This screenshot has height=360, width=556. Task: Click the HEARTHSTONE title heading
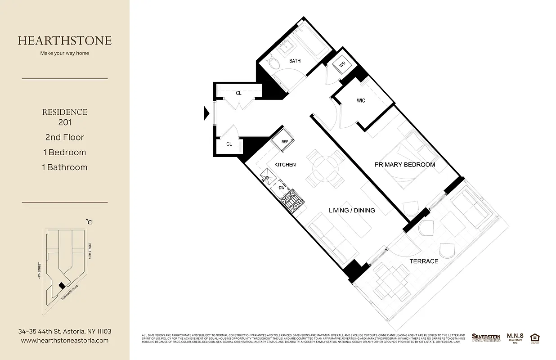(65, 40)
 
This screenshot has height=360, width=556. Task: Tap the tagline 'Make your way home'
(65, 53)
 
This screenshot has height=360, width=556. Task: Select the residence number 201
(65, 122)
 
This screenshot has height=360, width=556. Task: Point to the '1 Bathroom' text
(65, 167)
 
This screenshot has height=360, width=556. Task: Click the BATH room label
(295, 61)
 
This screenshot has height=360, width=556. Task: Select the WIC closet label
(361, 101)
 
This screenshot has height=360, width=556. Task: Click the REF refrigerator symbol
(284, 141)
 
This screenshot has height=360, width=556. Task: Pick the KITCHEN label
(285, 165)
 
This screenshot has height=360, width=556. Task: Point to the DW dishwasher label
(281, 188)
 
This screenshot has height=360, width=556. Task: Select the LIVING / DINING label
(352, 210)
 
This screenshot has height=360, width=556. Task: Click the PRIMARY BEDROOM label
(405, 165)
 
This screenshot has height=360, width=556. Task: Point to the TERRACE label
(423, 261)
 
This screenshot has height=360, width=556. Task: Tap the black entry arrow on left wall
(207, 112)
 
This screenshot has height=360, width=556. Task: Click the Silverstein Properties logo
(486, 337)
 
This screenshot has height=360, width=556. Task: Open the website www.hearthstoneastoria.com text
(65, 341)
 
